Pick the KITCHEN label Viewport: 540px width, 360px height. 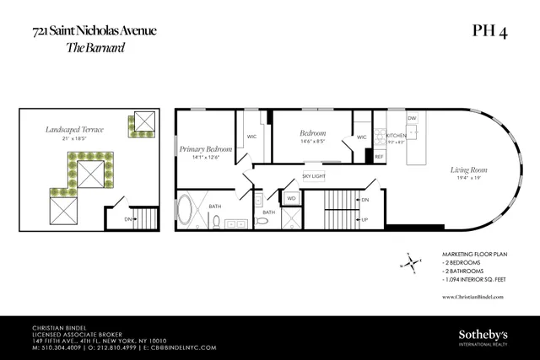[396, 135]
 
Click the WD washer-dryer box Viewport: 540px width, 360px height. [291, 199]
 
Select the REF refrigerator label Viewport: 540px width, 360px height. [379, 157]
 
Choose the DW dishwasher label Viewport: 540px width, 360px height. [412, 119]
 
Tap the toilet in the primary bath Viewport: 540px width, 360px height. [216, 223]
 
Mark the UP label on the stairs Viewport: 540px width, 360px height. [364, 219]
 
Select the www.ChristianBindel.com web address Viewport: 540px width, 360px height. [472, 297]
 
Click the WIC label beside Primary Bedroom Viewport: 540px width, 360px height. [251, 136]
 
